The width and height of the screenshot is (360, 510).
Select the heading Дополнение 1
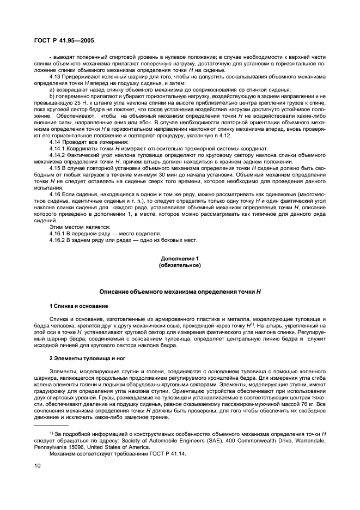180,257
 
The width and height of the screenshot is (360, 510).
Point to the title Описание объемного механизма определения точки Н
180,292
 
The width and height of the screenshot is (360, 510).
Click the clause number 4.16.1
58,233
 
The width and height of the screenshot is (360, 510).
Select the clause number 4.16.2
58,240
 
